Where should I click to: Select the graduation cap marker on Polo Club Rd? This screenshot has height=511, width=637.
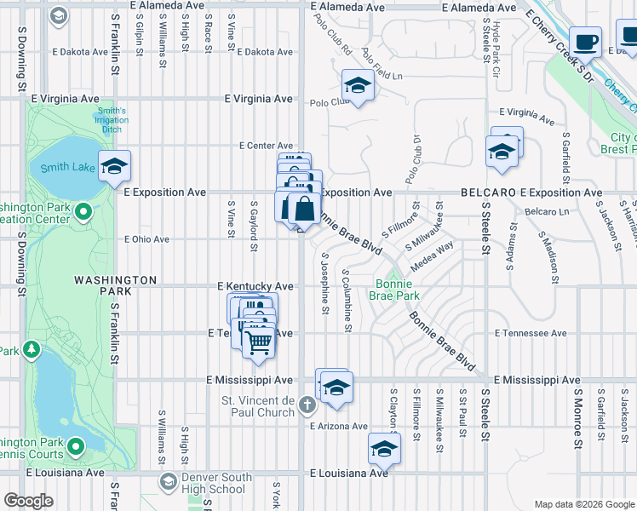(358, 86)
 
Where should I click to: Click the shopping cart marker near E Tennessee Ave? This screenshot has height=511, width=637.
(258, 341)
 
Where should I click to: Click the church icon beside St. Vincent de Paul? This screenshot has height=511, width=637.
(308, 411)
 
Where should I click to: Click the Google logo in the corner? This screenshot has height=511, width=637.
(28, 501)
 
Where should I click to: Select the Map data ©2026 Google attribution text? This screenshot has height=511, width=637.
(584, 504)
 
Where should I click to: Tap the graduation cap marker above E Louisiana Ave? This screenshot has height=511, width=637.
(384, 448)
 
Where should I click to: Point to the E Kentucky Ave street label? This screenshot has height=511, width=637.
(255, 286)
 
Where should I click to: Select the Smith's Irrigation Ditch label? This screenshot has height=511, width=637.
(112, 120)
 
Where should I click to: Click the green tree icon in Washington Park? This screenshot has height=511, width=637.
(32, 348)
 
